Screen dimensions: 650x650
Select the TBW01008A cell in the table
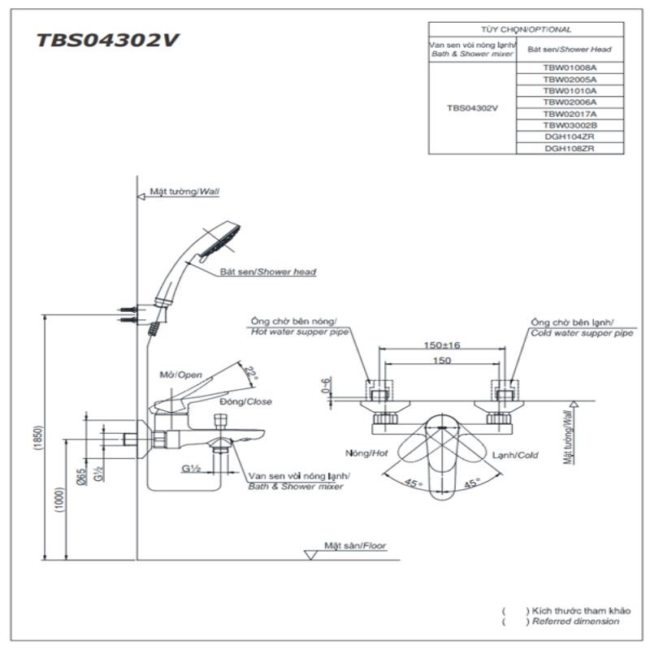click(x=570, y=69)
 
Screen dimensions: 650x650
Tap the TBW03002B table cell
click(x=570, y=126)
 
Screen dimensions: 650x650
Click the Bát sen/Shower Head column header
click(x=570, y=50)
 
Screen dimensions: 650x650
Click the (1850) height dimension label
click(x=38, y=438)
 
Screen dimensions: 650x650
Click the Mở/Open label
click(x=180, y=375)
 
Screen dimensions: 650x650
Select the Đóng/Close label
click(x=245, y=401)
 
